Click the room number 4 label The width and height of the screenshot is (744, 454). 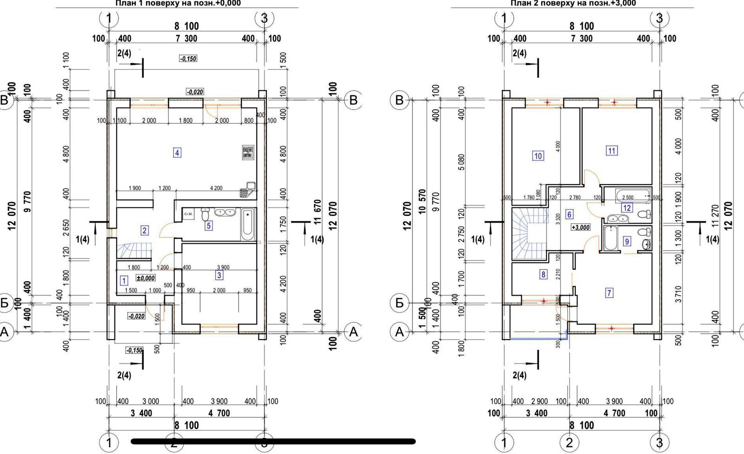(177, 152)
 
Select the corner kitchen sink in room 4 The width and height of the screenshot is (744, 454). (247, 190)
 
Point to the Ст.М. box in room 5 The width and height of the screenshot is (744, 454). (188, 214)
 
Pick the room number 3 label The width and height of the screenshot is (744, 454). (219, 275)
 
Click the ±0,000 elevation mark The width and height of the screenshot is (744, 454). (146, 278)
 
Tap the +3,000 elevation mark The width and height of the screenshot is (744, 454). (581, 227)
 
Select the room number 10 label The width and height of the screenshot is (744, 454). (538, 156)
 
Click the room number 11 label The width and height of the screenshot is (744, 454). (611, 150)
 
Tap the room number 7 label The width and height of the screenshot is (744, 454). (609, 293)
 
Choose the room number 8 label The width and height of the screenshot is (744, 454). (543, 274)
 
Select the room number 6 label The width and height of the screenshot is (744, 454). (569, 214)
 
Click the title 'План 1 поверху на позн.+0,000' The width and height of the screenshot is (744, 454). (178, 3)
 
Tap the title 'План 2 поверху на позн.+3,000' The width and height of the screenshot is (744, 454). (573, 3)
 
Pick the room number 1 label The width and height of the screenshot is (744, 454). (124, 280)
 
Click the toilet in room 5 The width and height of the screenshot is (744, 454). (205, 215)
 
